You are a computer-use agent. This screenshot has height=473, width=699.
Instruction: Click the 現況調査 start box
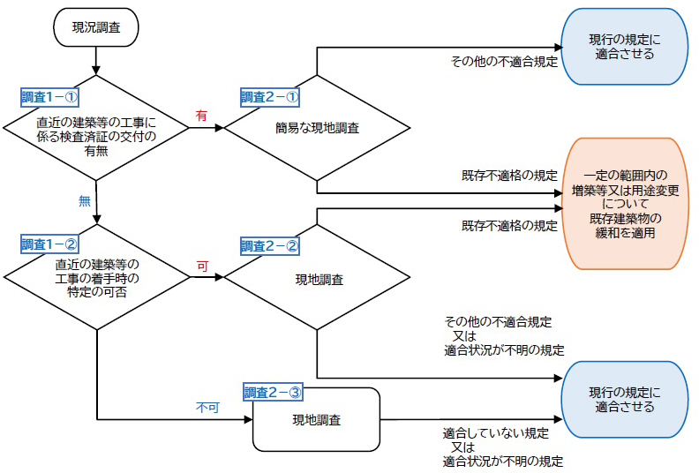(x=95, y=28)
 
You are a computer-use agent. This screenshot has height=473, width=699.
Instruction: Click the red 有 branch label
(x=201, y=116)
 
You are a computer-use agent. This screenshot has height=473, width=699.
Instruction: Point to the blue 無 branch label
(x=85, y=200)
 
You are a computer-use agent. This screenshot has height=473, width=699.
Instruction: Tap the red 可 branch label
(x=201, y=265)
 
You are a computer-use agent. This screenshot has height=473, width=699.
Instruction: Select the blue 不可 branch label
(x=207, y=409)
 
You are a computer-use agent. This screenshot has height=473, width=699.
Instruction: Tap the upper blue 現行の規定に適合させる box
(x=625, y=48)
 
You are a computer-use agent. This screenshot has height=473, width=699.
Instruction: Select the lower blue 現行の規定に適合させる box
(x=625, y=400)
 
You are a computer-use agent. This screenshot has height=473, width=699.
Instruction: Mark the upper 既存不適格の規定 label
(x=509, y=176)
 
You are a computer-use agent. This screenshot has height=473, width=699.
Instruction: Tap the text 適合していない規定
(x=495, y=434)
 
